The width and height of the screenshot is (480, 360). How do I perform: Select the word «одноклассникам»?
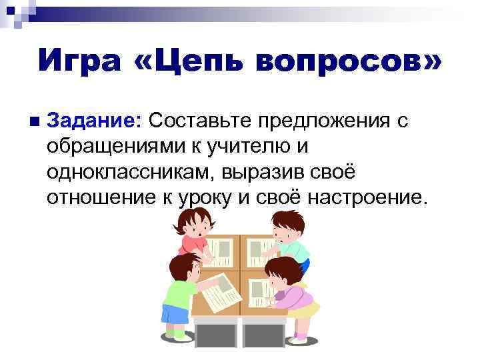pos(127,171)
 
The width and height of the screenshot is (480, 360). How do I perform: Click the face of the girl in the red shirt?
pos(197,228)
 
